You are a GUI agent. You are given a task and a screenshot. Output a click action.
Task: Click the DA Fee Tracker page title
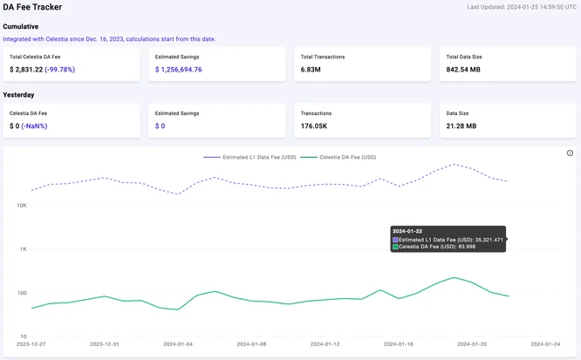pos(32,7)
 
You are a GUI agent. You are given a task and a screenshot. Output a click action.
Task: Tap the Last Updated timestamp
pos(522,7)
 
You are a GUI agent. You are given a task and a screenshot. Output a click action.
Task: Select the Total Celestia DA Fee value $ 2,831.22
pos(26,70)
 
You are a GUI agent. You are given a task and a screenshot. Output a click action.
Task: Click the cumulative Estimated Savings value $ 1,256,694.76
pos(179,70)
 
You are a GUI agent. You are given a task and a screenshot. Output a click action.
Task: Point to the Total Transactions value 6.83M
pos(311,70)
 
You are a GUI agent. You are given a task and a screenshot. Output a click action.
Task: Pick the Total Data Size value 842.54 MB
pos(463,70)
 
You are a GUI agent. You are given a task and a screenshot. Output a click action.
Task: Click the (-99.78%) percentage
pos(59,70)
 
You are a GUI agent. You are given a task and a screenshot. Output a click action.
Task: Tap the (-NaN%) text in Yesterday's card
pos(34,126)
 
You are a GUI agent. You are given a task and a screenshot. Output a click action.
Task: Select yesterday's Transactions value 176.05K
pos(314,126)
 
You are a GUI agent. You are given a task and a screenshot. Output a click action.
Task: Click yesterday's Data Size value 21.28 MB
pos(461,126)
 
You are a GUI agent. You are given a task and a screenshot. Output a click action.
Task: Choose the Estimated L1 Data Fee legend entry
pos(249,158)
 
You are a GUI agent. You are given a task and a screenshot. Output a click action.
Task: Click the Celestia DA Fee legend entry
pos(338,158)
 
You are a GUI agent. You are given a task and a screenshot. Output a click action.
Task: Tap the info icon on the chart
pos(570,153)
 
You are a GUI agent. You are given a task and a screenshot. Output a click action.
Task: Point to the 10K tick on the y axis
pos(22,206)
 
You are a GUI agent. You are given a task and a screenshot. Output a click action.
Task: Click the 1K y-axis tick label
pos(24,249)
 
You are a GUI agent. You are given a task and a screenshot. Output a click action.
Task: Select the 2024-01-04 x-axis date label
pos(178,344)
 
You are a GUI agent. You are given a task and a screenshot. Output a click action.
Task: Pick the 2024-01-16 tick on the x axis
pos(399,344)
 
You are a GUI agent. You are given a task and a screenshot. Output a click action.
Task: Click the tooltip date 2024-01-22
pos(407,231)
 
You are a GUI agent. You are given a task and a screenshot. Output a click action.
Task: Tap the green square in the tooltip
pos(395,247)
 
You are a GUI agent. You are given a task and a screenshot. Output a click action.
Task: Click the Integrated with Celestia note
pos(109,39)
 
